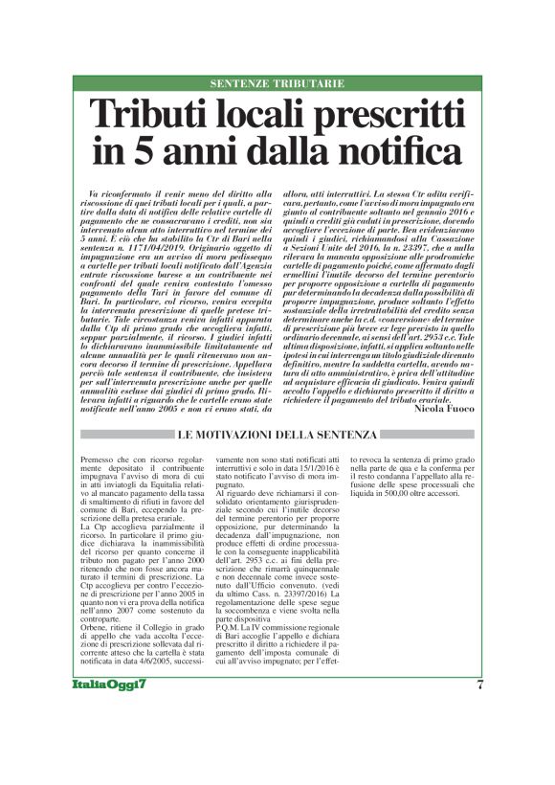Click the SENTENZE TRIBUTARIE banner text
pyautogui.click(x=277, y=83)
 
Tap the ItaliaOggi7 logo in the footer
pyautogui.click(x=108, y=711)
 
